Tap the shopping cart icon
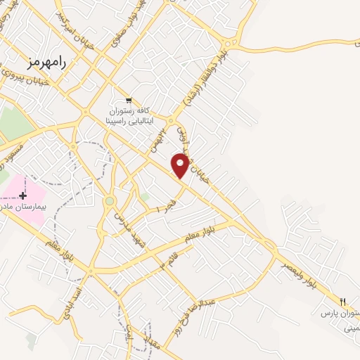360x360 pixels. pos(129,101)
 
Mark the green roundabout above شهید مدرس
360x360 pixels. pos(110,202)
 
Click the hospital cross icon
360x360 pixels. pos(24,195)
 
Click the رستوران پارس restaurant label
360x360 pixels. pos(341,311)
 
